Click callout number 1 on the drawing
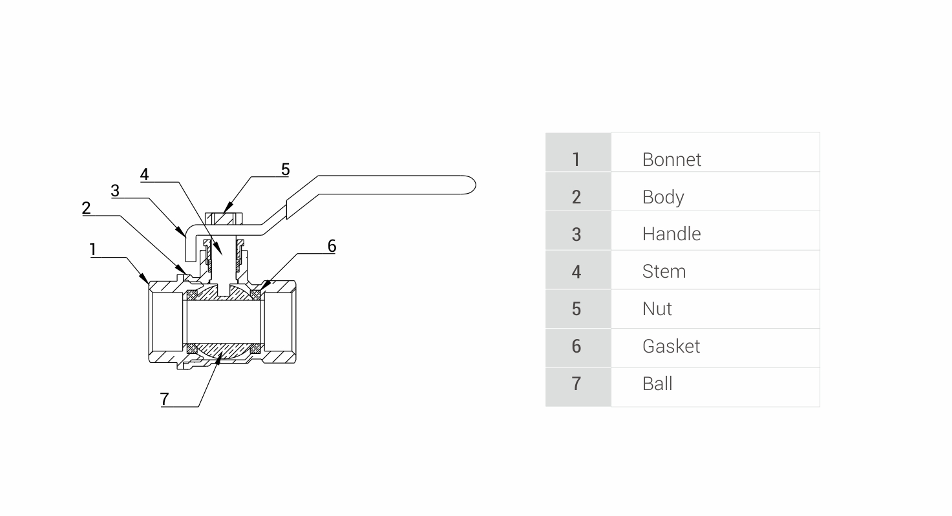pyautogui.click(x=93, y=249)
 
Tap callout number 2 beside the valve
pyautogui.click(x=86, y=208)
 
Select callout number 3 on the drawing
pyautogui.click(x=115, y=191)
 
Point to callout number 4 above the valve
pyautogui.click(x=145, y=174)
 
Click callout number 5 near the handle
pyautogui.click(x=285, y=169)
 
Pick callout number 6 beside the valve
pyautogui.click(x=332, y=245)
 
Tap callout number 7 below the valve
pyautogui.click(x=165, y=399)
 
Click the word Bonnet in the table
pyautogui.click(x=671, y=160)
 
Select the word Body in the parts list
pyautogui.click(x=662, y=197)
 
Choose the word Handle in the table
pyautogui.click(x=671, y=234)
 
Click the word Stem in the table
pyautogui.click(x=663, y=271)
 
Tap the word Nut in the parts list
pyautogui.click(x=657, y=309)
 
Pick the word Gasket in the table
pyautogui.click(x=670, y=346)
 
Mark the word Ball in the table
pyautogui.click(x=657, y=384)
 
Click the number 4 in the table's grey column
pyautogui.click(x=576, y=271)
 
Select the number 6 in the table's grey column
pyautogui.click(x=576, y=346)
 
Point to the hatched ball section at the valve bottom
pyautogui.click(x=223, y=351)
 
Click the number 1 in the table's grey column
pyautogui.click(x=576, y=160)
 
